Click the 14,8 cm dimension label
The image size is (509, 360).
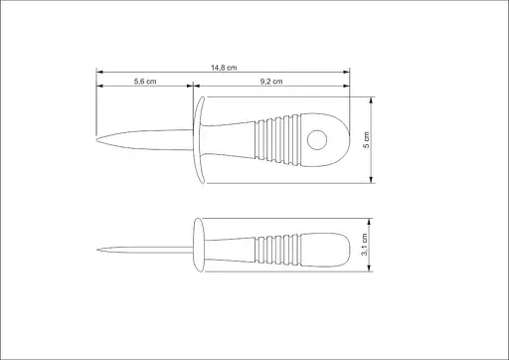(x=224, y=68)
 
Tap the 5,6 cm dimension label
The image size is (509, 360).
(x=145, y=82)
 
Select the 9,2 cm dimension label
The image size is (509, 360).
(x=271, y=82)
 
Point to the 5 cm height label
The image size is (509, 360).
(x=366, y=140)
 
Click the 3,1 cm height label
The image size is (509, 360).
(x=364, y=245)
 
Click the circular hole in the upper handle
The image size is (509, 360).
(x=317, y=140)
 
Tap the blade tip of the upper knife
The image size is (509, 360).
(x=97, y=139)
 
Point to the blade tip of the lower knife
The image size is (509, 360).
(x=97, y=250)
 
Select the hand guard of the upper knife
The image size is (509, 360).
(x=199, y=140)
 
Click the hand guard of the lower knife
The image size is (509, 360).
(x=198, y=245)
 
